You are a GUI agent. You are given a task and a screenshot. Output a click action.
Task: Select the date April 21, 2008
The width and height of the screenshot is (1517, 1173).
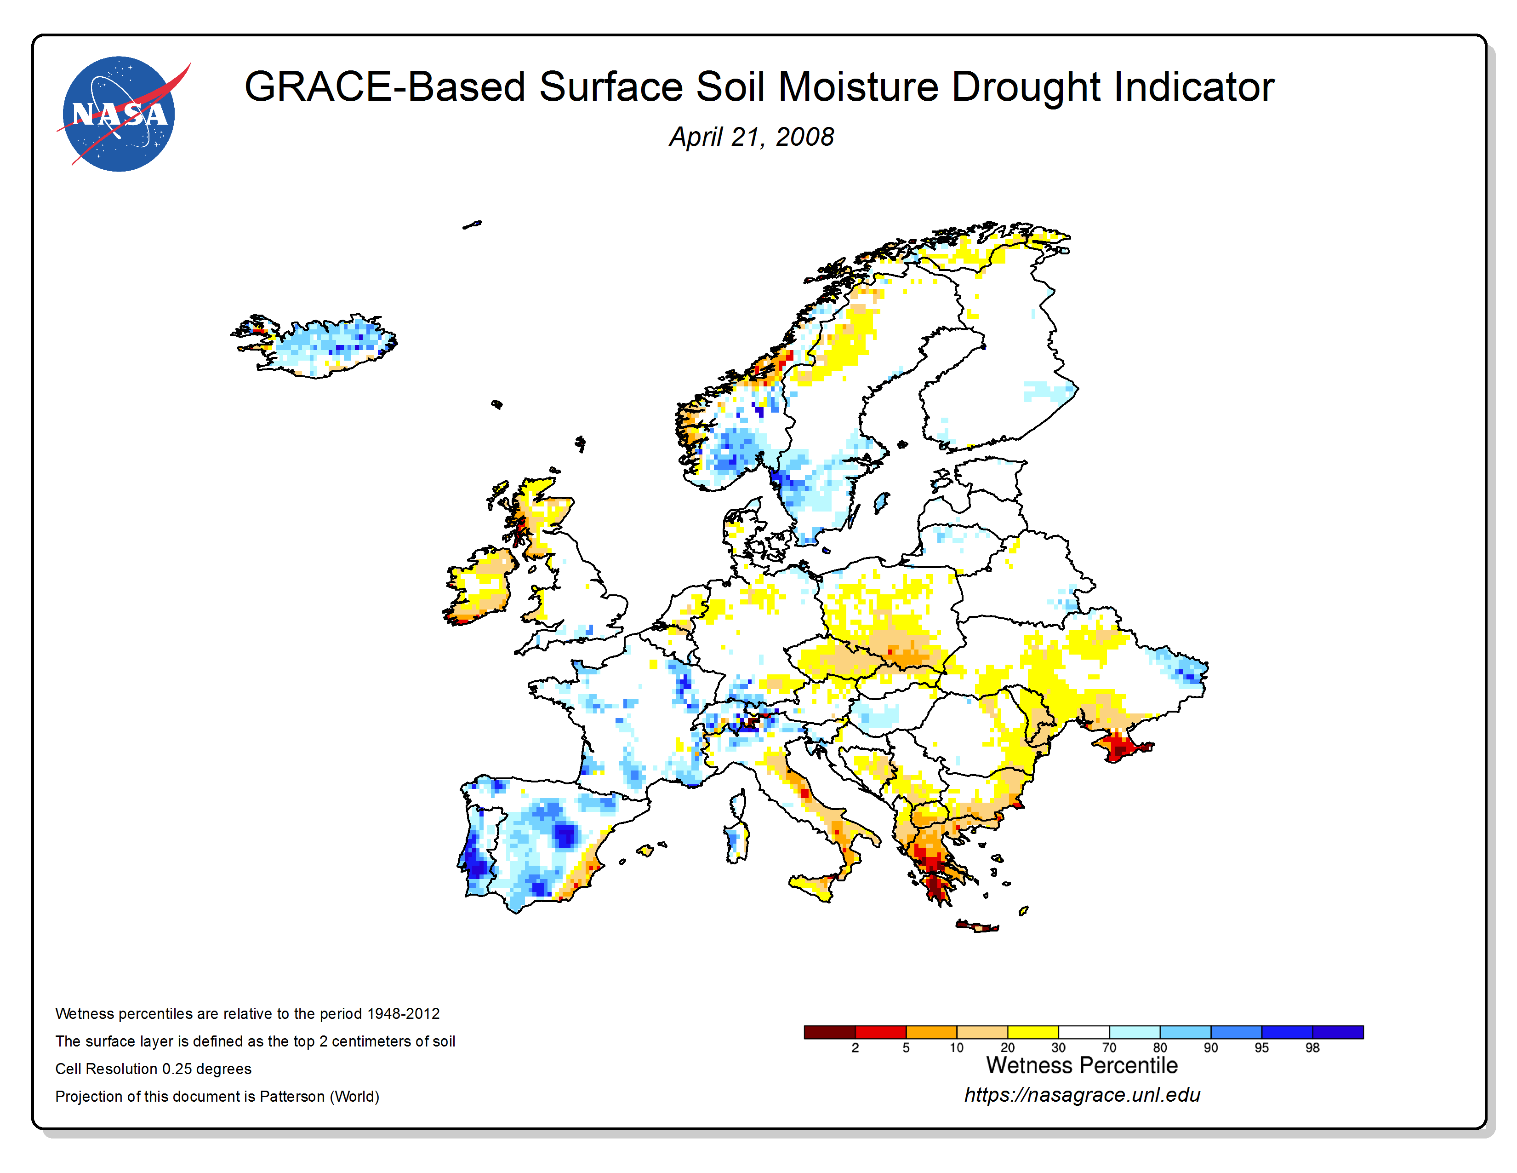pos(752,137)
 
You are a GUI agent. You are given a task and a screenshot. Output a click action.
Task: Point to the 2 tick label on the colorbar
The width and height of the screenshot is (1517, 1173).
pos(855,1047)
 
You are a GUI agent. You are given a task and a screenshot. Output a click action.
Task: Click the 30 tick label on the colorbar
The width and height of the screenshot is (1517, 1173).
pos(1058,1047)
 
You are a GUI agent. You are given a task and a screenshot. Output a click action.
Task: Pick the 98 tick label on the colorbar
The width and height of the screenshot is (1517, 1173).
pos(1312,1047)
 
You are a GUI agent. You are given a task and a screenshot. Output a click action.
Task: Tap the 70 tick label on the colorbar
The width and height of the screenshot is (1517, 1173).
pos(1109,1047)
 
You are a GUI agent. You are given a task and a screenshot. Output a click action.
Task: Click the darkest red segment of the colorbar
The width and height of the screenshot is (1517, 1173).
pos(829,1032)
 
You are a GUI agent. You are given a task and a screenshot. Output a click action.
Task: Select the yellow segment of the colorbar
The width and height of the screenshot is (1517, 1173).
pos(1033,1032)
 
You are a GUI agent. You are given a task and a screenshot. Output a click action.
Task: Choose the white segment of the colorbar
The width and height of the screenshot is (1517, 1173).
pos(1084,1032)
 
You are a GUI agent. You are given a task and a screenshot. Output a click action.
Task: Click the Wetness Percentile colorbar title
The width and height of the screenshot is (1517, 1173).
pos(1082,1065)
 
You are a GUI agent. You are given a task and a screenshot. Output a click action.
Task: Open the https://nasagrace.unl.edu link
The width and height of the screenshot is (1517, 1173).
pos(1082,1095)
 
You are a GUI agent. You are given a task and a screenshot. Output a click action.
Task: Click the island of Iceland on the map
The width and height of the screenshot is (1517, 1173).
pos(316,345)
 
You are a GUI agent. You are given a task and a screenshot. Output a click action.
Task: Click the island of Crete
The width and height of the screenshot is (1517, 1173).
pos(977,926)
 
